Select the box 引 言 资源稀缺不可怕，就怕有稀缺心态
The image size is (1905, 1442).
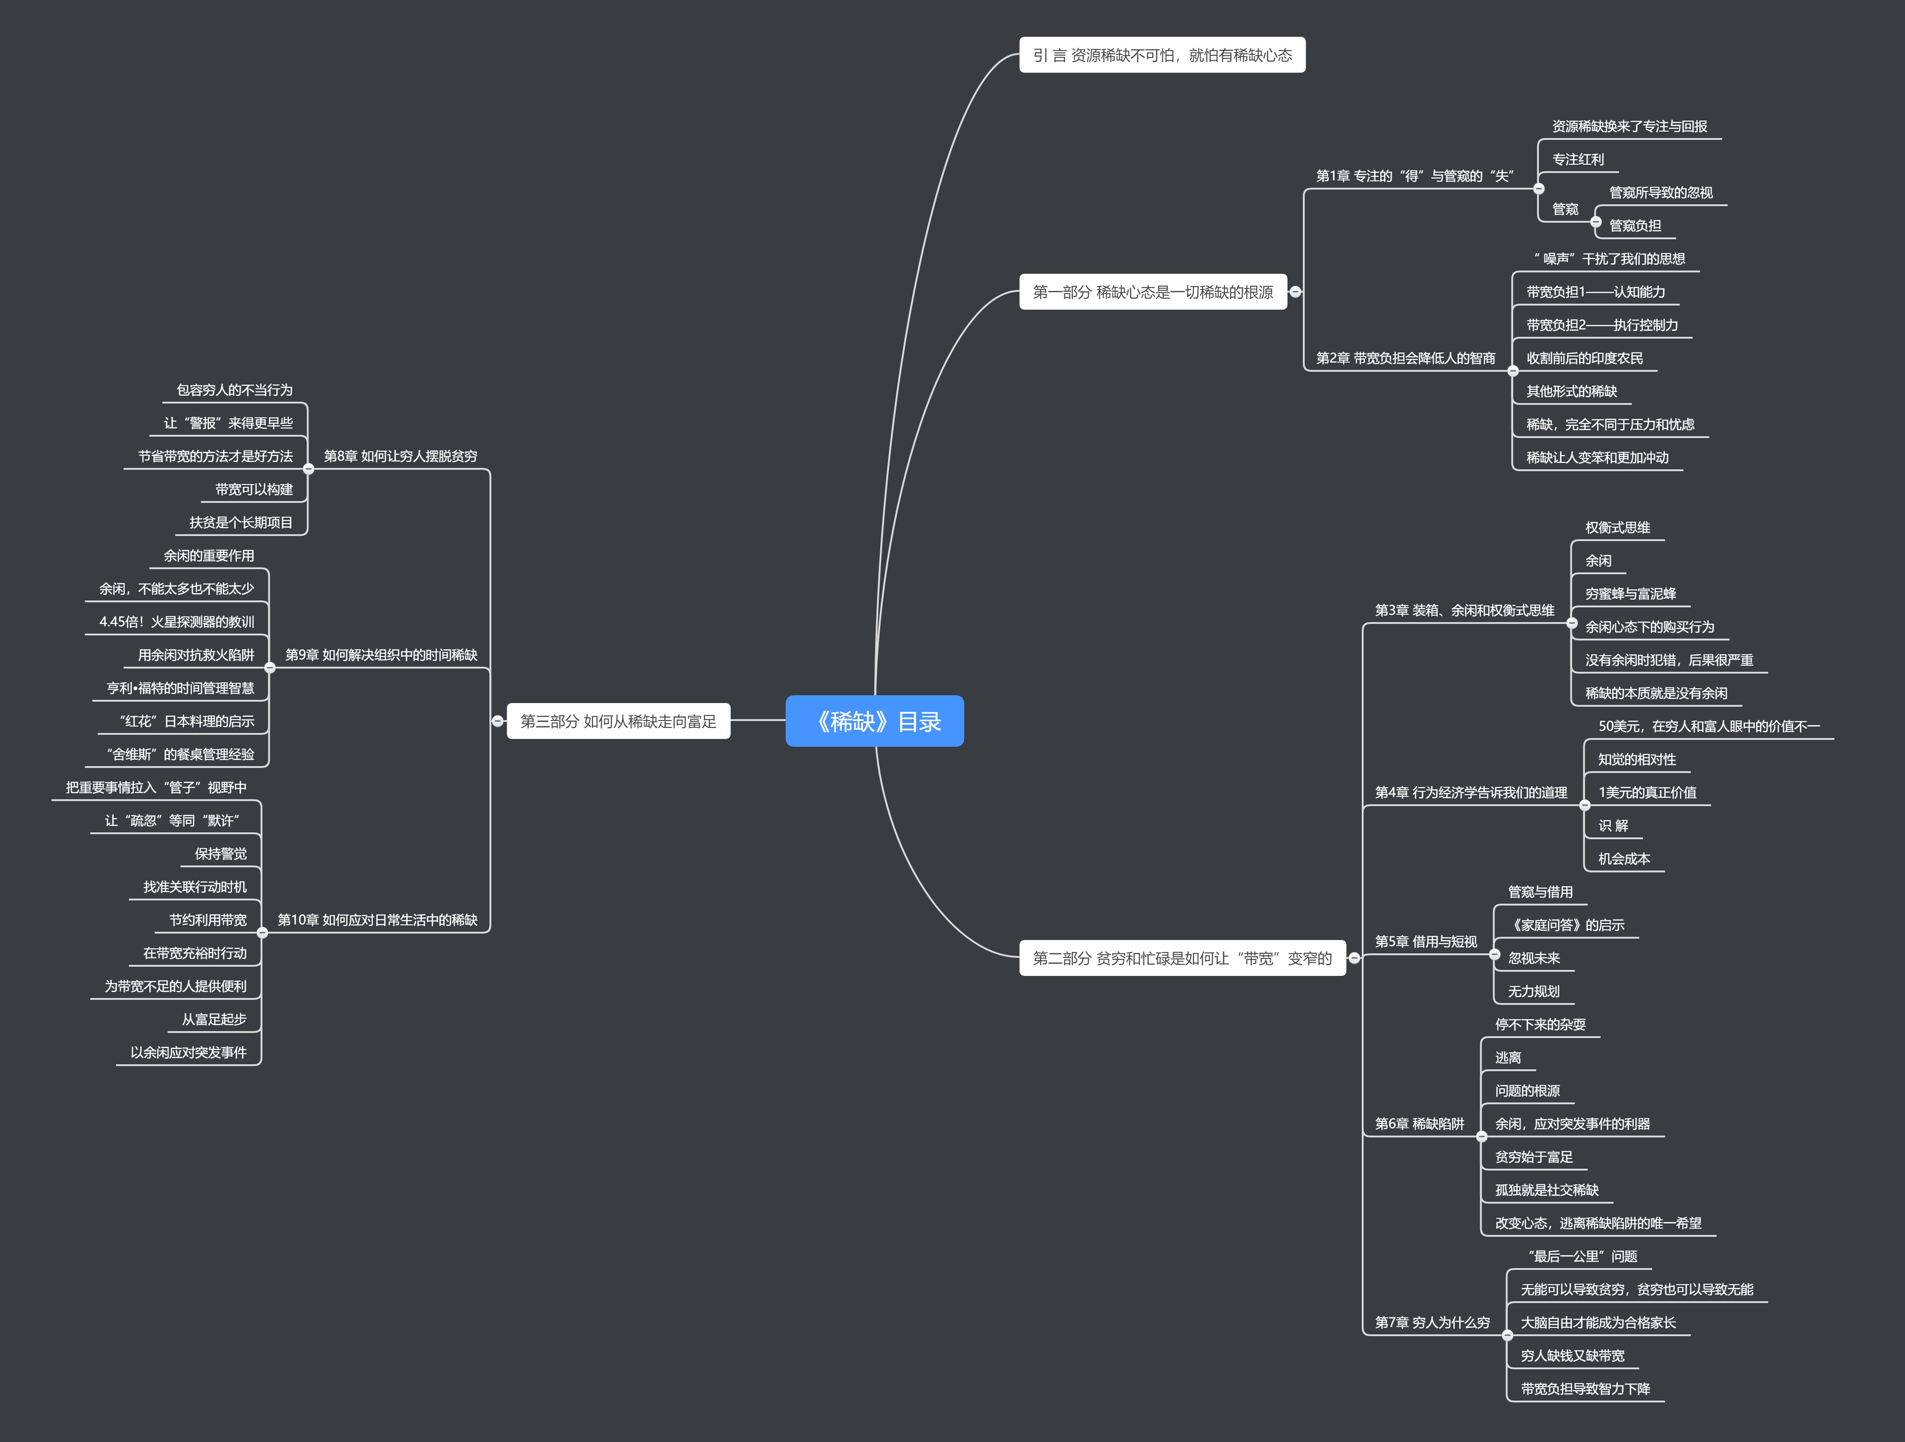(x=1162, y=55)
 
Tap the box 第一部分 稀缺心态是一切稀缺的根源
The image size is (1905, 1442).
(x=1152, y=292)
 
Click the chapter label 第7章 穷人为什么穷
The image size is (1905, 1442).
(x=1431, y=1322)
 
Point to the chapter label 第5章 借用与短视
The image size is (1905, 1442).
(x=1425, y=941)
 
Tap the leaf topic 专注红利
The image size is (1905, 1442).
(x=1578, y=159)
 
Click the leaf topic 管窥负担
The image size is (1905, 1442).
(x=1635, y=225)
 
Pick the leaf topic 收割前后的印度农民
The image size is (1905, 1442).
(x=1584, y=358)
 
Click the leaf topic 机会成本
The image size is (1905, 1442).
(x=1623, y=858)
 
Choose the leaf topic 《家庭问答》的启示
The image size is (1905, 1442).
(x=1566, y=925)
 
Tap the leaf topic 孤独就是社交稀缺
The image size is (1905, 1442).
(x=1546, y=1190)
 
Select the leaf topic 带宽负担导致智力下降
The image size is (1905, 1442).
(x=1585, y=1389)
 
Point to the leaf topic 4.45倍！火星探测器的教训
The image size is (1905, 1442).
(x=176, y=622)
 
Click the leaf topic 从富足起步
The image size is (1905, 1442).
(x=214, y=1019)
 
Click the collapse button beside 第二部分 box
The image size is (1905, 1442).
(x=1354, y=958)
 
